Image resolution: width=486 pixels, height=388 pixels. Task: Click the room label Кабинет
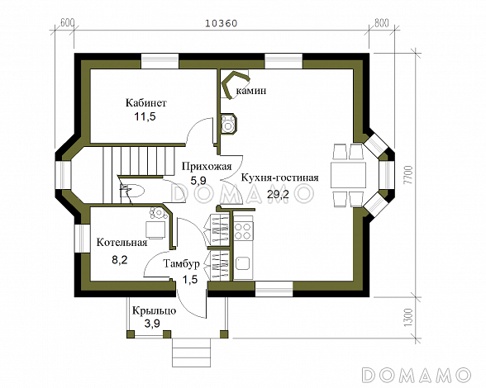coord(146,103)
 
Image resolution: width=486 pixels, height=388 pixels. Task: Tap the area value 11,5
coord(146,117)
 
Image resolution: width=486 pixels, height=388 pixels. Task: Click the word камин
coord(251,90)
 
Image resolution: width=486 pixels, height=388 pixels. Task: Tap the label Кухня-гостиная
coord(279,177)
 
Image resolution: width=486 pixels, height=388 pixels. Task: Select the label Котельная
coord(121,243)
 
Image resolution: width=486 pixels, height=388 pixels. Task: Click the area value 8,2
coord(121,258)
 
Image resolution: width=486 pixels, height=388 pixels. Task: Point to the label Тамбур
coord(181,264)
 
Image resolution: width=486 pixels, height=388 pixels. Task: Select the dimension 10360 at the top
coord(221,23)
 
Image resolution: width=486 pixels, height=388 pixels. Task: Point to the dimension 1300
coord(407,316)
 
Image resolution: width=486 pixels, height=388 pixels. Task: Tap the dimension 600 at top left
coord(67,23)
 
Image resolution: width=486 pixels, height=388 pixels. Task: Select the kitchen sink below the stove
coord(244,264)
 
